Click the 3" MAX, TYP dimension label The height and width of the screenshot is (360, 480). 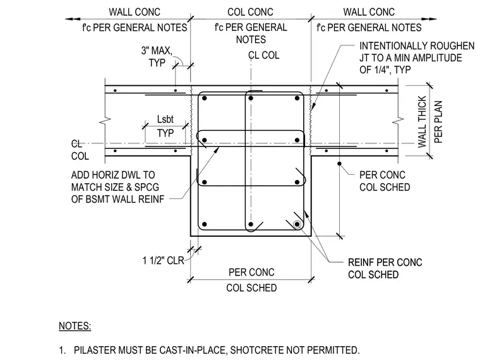click(x=157, y=57)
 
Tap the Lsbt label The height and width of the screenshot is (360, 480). click(x=165, y=119)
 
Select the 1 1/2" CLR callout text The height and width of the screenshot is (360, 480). click(x=163, y=260)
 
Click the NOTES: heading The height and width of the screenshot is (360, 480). click(x=75, y=326)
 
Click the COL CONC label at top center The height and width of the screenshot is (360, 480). click(x=250, y=12)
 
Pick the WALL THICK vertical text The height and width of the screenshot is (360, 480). click(x=422, y=121)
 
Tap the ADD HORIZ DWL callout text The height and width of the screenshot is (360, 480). click(x=118, y=187)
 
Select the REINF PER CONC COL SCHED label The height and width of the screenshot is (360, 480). click(x=385, y=268)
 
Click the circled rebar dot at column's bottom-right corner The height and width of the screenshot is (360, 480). click(x=297, y=224)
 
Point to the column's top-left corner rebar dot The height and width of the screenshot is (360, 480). click(x=205, y=98)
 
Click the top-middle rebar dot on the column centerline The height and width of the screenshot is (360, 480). click(x=251, y=98)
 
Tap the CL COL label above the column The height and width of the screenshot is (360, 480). click(x=263, y=56)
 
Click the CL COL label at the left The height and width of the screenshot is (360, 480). click(x=80, y=150)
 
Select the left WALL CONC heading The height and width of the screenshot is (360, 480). click(x=135, y=12)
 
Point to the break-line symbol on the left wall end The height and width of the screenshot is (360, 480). click(x=105, y=121)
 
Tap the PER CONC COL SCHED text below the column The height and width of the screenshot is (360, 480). click(x=251, y=280)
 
